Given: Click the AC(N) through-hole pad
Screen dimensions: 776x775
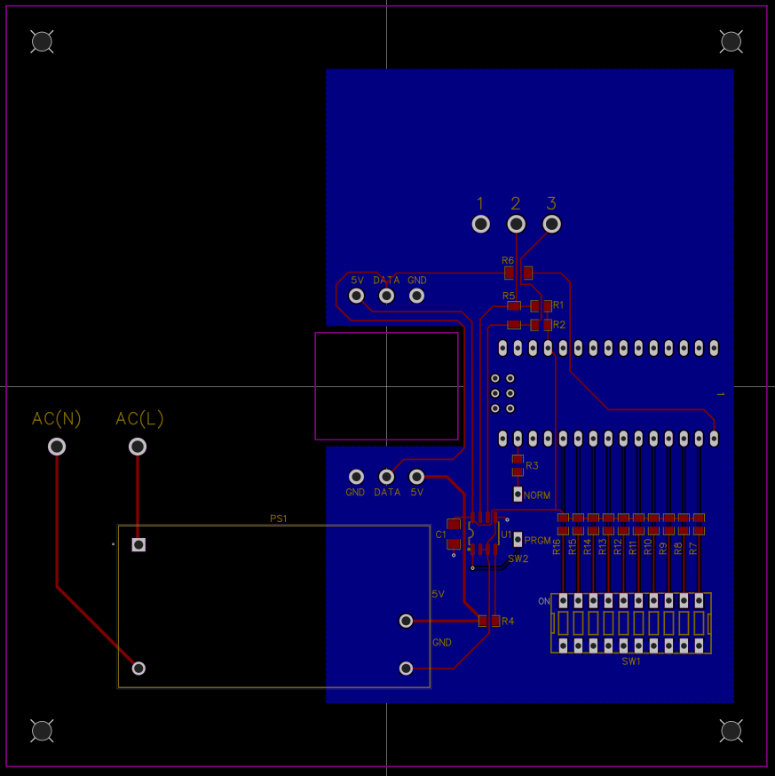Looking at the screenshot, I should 57,447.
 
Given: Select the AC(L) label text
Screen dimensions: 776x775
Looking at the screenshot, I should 139,419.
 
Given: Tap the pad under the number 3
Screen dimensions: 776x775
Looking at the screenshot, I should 551,224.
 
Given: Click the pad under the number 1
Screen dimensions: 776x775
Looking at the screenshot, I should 480,224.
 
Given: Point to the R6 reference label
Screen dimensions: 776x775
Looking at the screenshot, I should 508,260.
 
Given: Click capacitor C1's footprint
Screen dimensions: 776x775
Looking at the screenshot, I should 455,534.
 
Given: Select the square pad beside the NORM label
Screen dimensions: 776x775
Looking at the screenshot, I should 518,493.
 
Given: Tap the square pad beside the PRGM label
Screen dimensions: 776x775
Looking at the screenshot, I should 518,539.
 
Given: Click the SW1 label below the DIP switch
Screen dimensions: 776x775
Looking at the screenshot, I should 631,661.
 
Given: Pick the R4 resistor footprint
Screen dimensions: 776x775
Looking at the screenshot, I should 489,621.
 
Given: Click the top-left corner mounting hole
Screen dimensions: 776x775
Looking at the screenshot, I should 42,41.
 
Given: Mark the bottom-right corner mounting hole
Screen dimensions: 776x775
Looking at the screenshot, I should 731,731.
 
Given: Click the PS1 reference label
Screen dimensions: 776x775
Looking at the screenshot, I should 279,519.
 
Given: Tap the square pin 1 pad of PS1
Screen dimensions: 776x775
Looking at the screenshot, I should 138,544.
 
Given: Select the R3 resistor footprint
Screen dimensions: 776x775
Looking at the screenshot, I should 518,465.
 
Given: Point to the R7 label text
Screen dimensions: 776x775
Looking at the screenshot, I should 693,548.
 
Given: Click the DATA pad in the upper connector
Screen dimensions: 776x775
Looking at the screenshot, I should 386,296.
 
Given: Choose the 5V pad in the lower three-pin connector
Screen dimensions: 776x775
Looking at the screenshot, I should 416,477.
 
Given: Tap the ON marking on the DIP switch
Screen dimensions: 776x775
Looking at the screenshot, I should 544,601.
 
